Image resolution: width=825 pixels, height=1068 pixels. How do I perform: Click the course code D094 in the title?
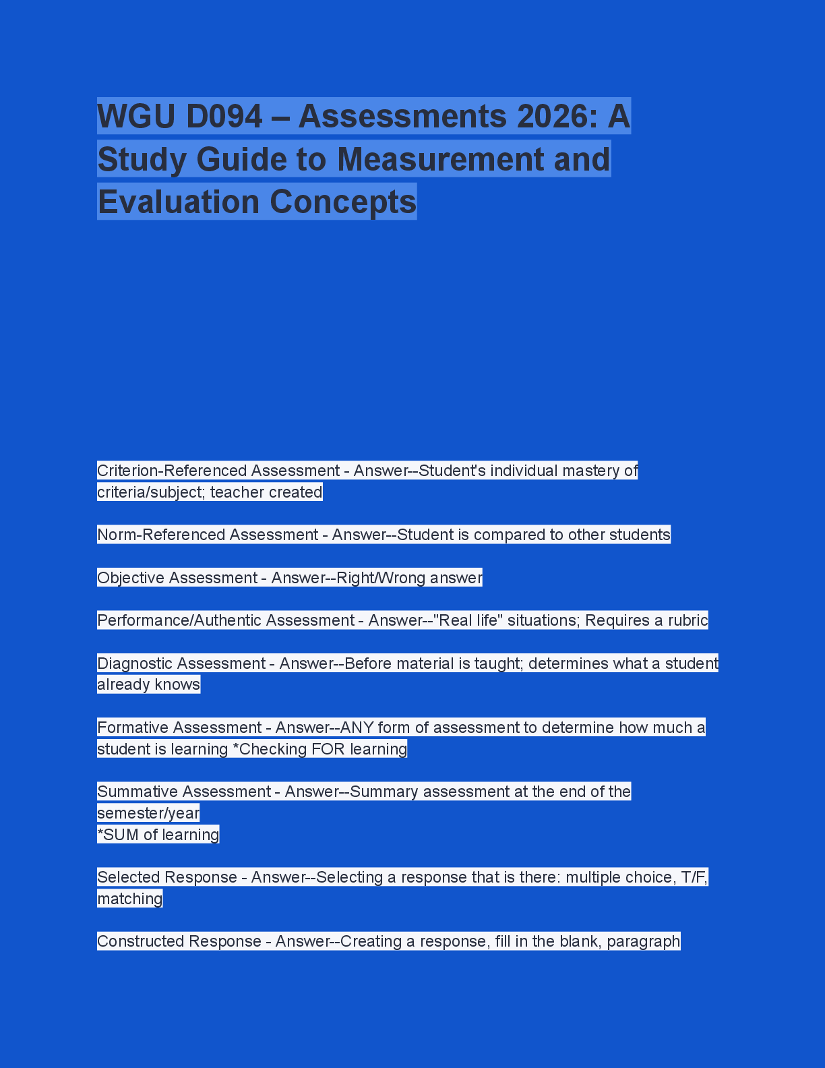point(224,117)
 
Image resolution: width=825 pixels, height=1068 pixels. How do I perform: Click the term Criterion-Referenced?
point(171,471)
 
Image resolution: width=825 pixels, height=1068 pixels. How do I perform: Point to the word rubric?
point(687,620)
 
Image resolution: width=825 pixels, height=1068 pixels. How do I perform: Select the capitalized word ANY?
point(357,728)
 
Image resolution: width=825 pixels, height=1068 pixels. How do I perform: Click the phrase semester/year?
point(148,813)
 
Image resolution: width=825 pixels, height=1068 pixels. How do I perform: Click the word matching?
point(130,899)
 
